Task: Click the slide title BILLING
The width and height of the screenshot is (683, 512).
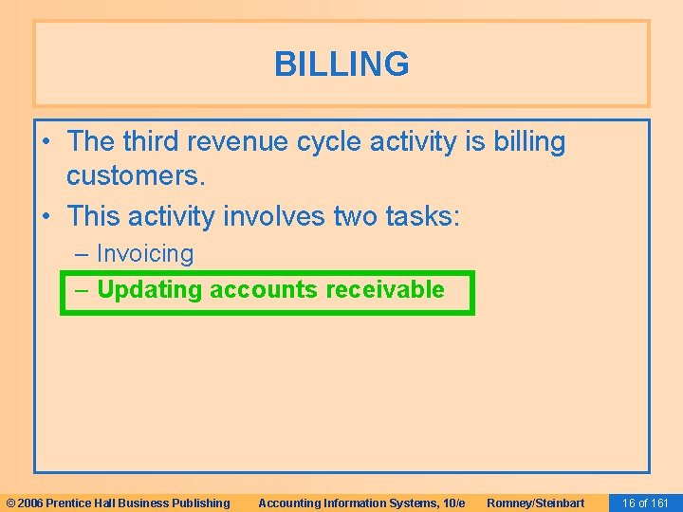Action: tap(341, 64)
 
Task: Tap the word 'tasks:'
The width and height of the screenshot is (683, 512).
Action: tap(422, 216)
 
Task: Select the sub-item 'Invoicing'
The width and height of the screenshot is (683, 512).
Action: tap(144, 254)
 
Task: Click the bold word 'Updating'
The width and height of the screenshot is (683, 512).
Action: tap(150, 290)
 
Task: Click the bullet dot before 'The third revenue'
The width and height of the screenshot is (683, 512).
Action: tap(47, 143)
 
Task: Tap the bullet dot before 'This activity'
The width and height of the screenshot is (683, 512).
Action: tap(47, 217)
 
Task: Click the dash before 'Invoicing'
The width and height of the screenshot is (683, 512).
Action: tap(83, 254)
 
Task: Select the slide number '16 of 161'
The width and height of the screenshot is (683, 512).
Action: tap(644, 503)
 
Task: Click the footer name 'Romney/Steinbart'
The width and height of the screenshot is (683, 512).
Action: tap(535, 503)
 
